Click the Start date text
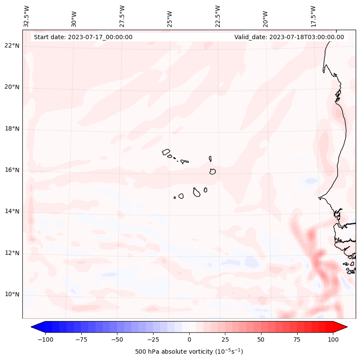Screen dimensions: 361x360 coord(83,37)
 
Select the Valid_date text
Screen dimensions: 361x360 coord(289,37)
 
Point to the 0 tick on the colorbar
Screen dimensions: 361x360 coord(189,339)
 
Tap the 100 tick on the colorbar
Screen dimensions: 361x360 coord(332,339)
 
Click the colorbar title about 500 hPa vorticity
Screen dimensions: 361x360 coord(189,352)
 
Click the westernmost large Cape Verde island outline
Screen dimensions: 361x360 coord(166,151)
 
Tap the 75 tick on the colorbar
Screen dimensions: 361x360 coord(297,339)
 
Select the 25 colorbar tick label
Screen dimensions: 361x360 coord(225,339)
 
